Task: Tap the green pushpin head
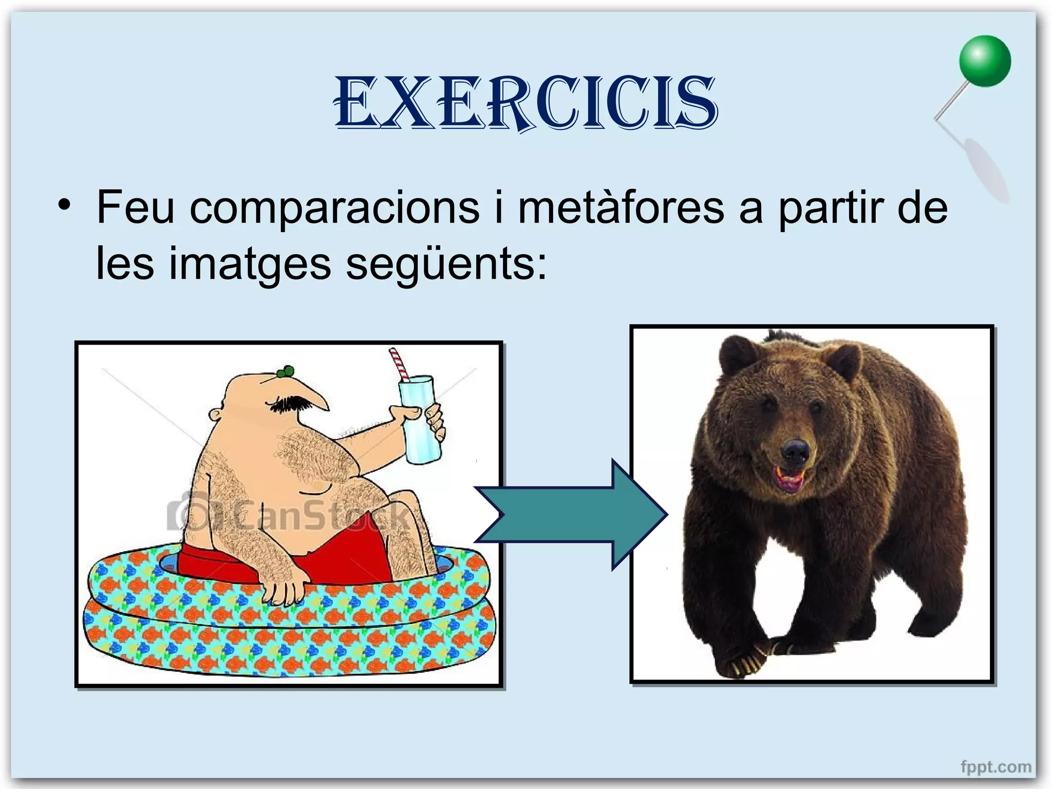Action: pos(985,61)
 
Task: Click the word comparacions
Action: pos(334,208)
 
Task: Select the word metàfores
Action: pos(621,208)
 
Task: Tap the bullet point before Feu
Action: pos(64,205)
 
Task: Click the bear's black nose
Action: pos(795,450)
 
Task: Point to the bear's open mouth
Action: pos(790,479)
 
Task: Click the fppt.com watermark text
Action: pos(995,767)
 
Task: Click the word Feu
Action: pos(135,208)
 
